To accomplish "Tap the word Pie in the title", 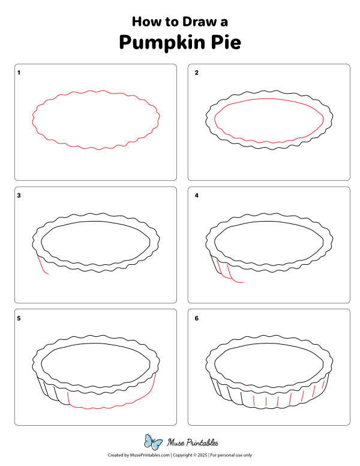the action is pyautogui.click(x=226, y=42).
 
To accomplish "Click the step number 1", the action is pyautogui.click(x=19, y=73).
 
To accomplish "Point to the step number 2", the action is pyautogui.click(x=196, y=73).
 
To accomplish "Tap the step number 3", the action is pyautogui.click(x=19, y=195).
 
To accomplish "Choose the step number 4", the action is pyautogui.click(x=196, y=195).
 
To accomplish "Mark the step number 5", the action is pyautogui.click(x=19, y=318).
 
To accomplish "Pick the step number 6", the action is pyautogui.click(x=196, y=318).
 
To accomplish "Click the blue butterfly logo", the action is pyautogui.click(x=153, y=442).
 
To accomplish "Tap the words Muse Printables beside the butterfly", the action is pyautogui.click(x=193, y=443).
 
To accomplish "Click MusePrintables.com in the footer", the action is pyautogui.click(x=150, y=455).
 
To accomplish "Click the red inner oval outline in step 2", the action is pyautogui.click(x=269, y=99).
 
